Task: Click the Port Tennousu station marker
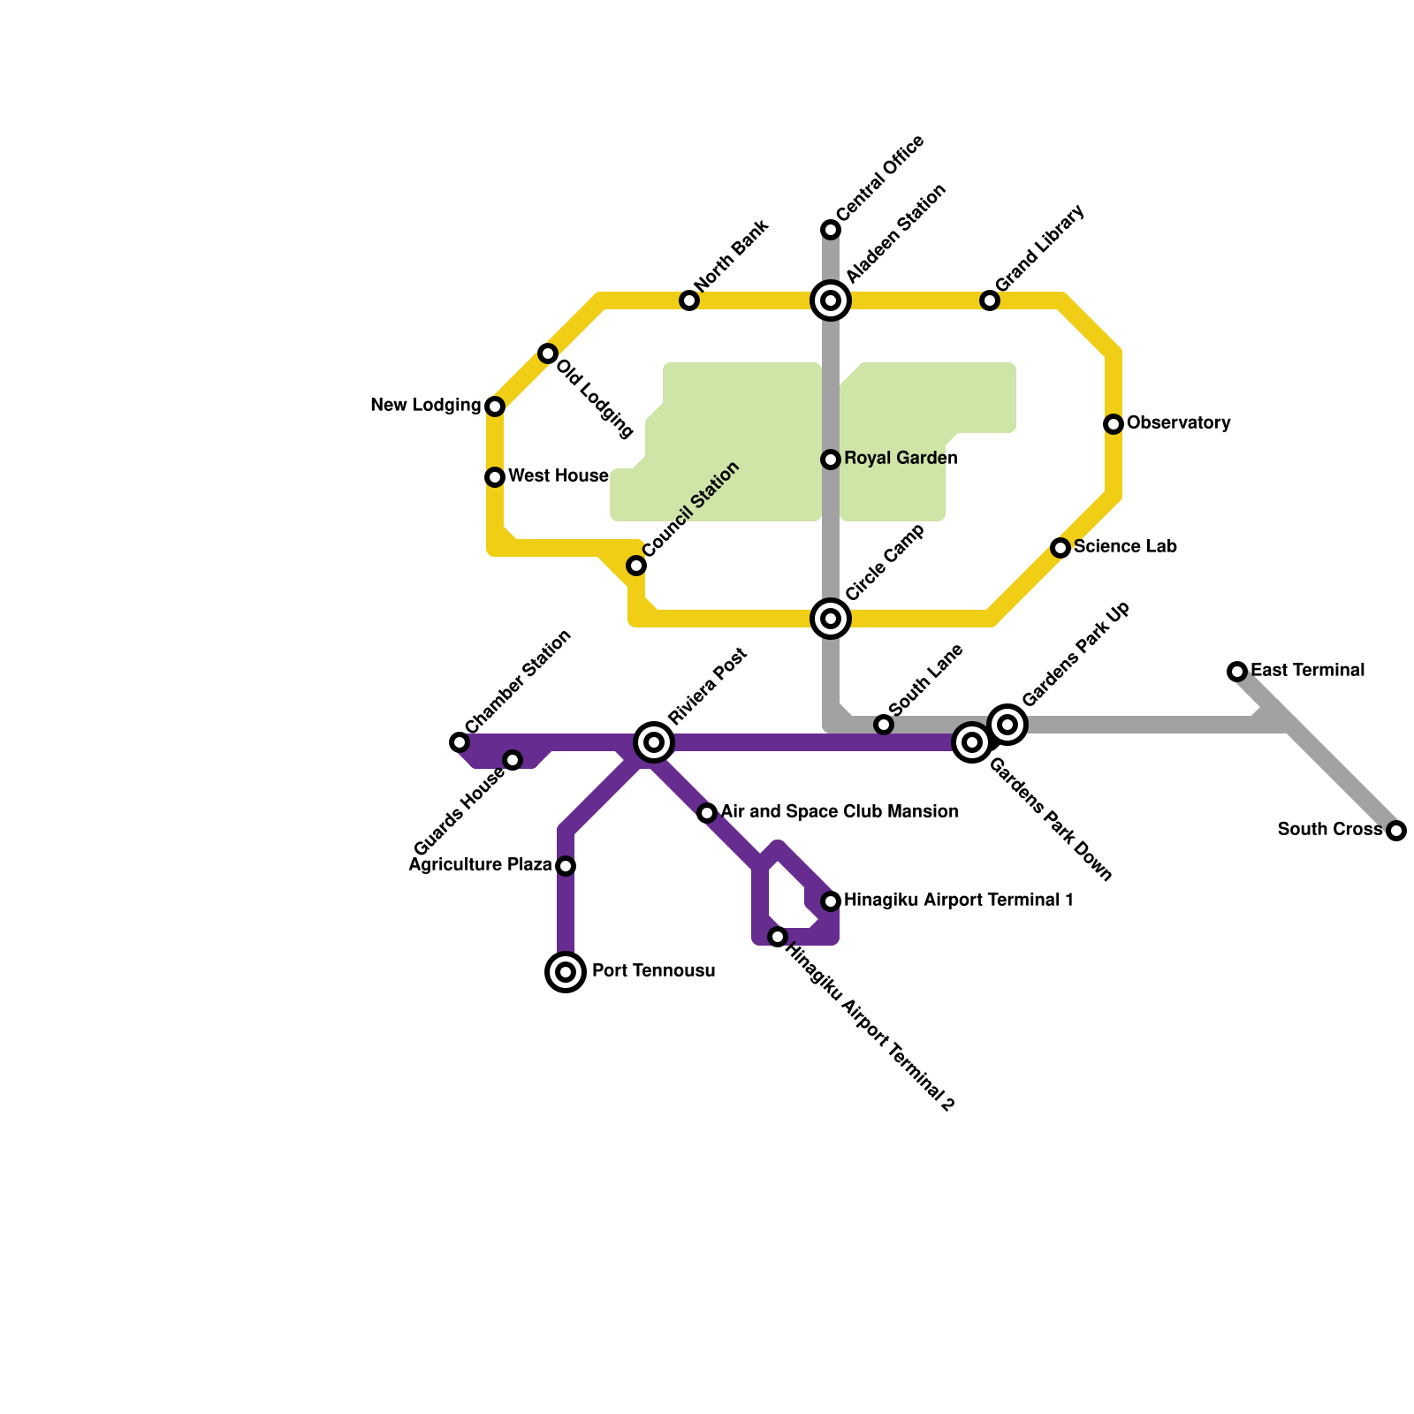tap(566, 972)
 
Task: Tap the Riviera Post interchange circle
tap(654, 742)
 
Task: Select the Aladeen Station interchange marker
tap(831, 300)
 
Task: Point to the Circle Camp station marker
tap(831, 619)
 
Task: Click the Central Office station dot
tap(831, 230)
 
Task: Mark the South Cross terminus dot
tap(1396, 831)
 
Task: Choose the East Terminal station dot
tap(1237, 672)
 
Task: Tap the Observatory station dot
tap(1114, 424)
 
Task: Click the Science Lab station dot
tap(1060, 548)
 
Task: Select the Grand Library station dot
tap(990, 300)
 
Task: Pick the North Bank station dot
tap(689, 300)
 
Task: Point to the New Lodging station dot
tap(495, 407)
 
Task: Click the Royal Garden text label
tap(901, 459)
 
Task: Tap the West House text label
tap(558, 476)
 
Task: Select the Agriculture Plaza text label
tap(480, 865)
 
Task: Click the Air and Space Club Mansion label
tap(839, 812)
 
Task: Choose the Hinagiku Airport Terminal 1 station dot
tap(831, 901)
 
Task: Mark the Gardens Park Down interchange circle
tap(972, 742)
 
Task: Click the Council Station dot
tap(636, 566)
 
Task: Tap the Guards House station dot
tap(513, 760)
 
